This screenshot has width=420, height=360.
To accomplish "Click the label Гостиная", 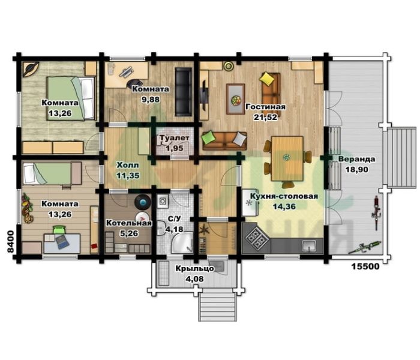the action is coord(265,107).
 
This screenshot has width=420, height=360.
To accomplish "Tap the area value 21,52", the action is coord(265,117).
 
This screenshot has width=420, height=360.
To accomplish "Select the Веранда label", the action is coord(356,159).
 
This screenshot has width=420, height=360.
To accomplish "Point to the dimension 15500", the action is coord(365,266).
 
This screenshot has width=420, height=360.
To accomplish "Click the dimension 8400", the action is coord(10,242).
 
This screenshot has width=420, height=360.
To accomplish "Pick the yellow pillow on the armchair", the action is coord(267,78).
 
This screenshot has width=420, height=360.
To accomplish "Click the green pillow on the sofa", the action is coord(209,137).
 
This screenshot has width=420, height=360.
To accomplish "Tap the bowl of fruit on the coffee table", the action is coord(236,100).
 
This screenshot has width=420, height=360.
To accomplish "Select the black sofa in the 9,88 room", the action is coord(184,92).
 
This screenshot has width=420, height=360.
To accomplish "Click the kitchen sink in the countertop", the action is coord(309,245).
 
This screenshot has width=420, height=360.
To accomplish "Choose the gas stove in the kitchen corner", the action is coord(256,238).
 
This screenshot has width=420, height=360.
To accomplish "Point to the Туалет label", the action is coord(175,138).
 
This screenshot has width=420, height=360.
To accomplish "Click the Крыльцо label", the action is coord(195,269).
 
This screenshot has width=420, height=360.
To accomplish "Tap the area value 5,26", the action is coord(129,233).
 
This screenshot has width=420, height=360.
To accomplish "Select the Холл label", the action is coord(128,165).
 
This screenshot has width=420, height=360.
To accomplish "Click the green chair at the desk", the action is coord(59,230).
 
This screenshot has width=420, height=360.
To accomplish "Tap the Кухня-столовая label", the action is coord(284,196).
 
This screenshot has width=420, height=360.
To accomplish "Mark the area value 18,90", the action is coord(356,170).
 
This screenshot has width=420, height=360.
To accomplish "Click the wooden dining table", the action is coord(287,158).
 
